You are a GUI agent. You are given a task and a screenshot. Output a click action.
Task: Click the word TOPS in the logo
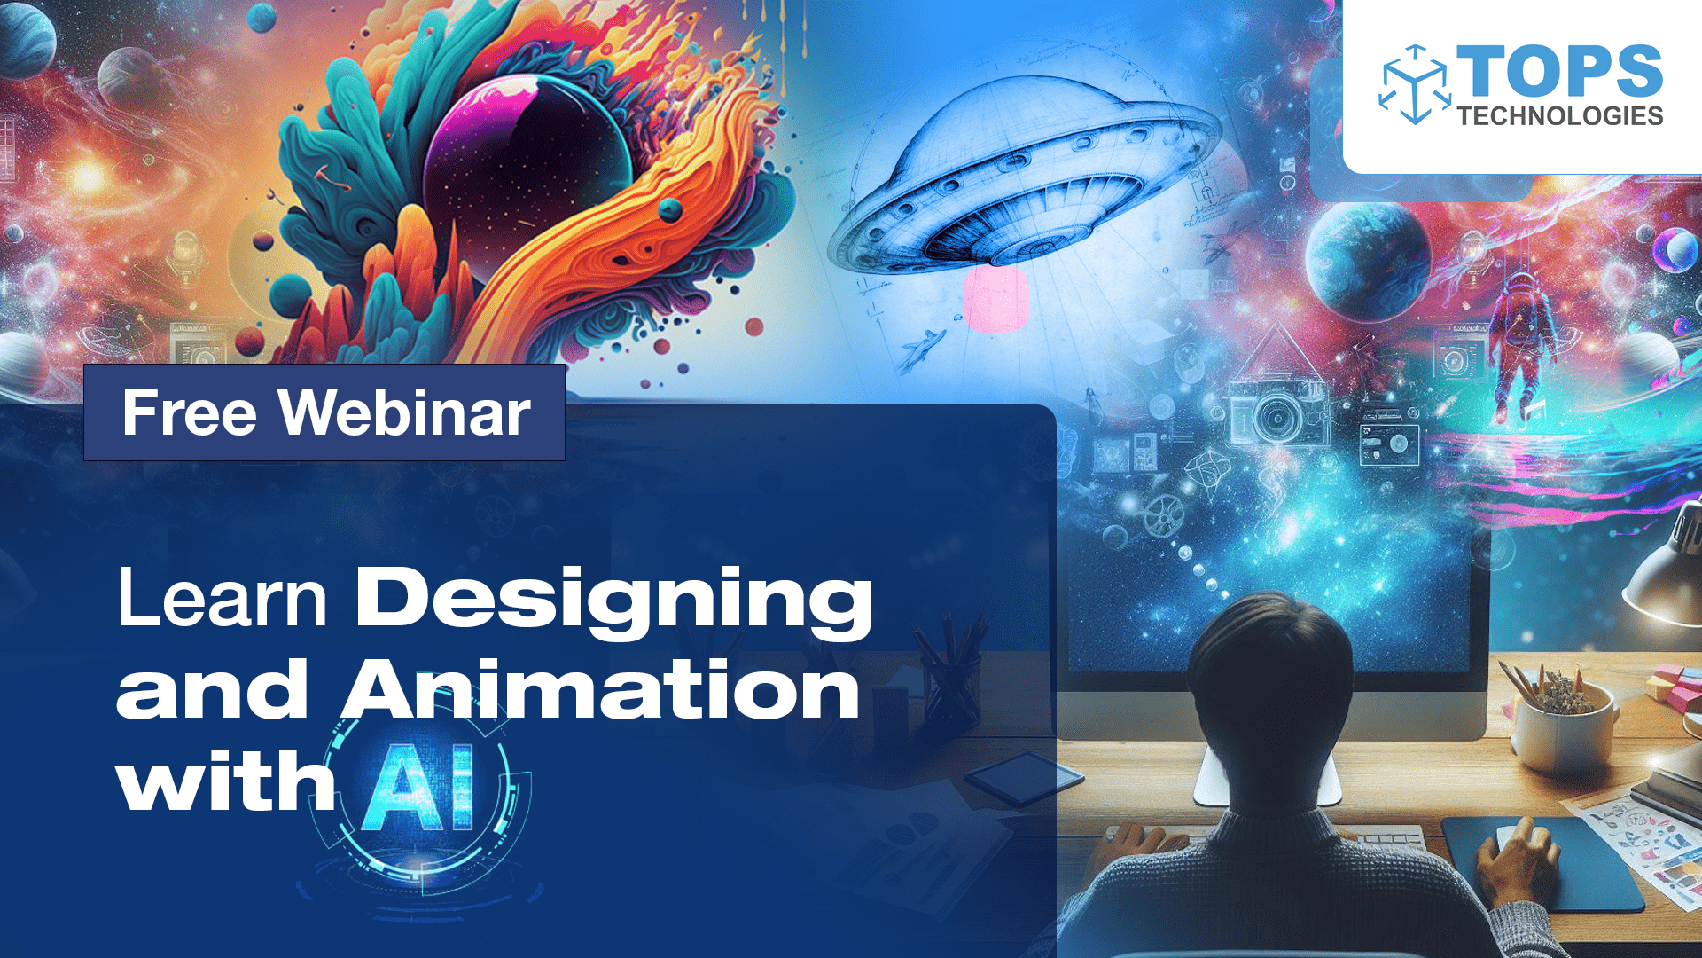pos(1560,71)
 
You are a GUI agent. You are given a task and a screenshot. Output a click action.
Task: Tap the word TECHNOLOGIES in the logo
pos(1560,116)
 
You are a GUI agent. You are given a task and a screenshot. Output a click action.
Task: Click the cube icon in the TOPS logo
pos(1415,85)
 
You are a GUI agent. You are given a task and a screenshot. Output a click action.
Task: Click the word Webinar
pos(404,413)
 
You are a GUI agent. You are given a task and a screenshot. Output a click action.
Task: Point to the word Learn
pos(222,599)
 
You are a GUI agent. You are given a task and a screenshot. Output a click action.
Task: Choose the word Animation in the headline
pos(601,690)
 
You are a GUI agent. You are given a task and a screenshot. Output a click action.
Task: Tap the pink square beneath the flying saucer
pos(995,300)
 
